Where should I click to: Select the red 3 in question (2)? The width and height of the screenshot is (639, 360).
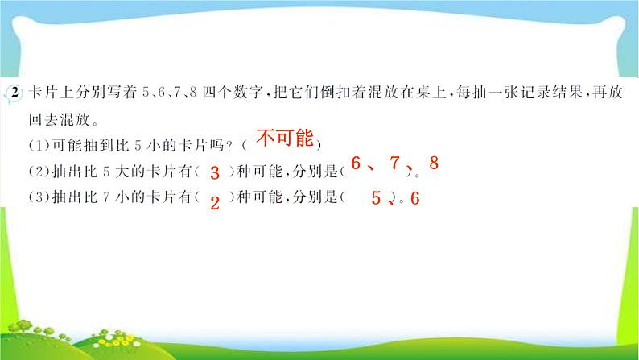pyautogui.click(x=214, y=172)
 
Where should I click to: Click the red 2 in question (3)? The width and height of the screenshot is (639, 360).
pyautogui.click(x=214, y=203)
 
